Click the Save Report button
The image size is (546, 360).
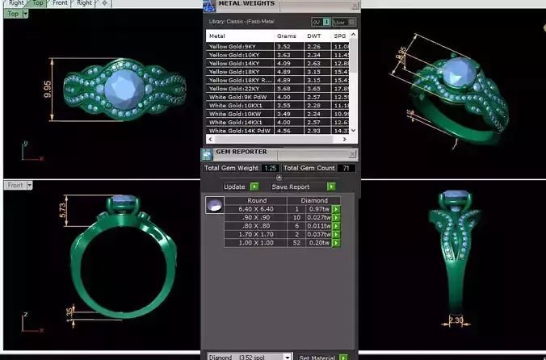[291, 186]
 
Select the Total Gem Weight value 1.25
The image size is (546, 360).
[270, 168]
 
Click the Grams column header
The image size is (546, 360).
[287, 36]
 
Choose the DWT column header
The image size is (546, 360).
[313, 36]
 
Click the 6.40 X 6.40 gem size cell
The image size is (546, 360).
[257, 209]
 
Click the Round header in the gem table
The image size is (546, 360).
[257, 200]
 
